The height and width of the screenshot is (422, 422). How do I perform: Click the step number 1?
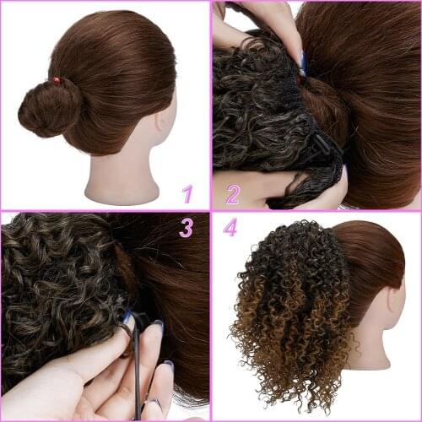[188, 193]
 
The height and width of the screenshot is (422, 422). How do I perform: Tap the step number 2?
[232, 194]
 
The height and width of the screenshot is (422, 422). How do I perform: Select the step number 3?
[187, 227]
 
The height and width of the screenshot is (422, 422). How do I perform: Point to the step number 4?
[230, 228]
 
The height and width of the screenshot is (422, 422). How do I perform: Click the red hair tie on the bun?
[57, 81]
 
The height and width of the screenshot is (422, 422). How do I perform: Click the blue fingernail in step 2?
[303, 63]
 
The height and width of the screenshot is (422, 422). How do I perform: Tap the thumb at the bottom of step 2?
[321, 196]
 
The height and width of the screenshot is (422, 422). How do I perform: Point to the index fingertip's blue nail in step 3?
[127, 317]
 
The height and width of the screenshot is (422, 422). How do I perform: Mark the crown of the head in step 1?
[110, 34]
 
